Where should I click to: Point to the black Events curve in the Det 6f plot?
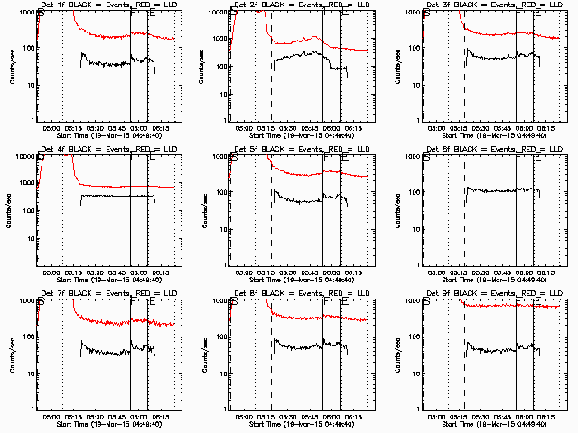497,190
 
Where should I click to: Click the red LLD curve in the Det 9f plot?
506,305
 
